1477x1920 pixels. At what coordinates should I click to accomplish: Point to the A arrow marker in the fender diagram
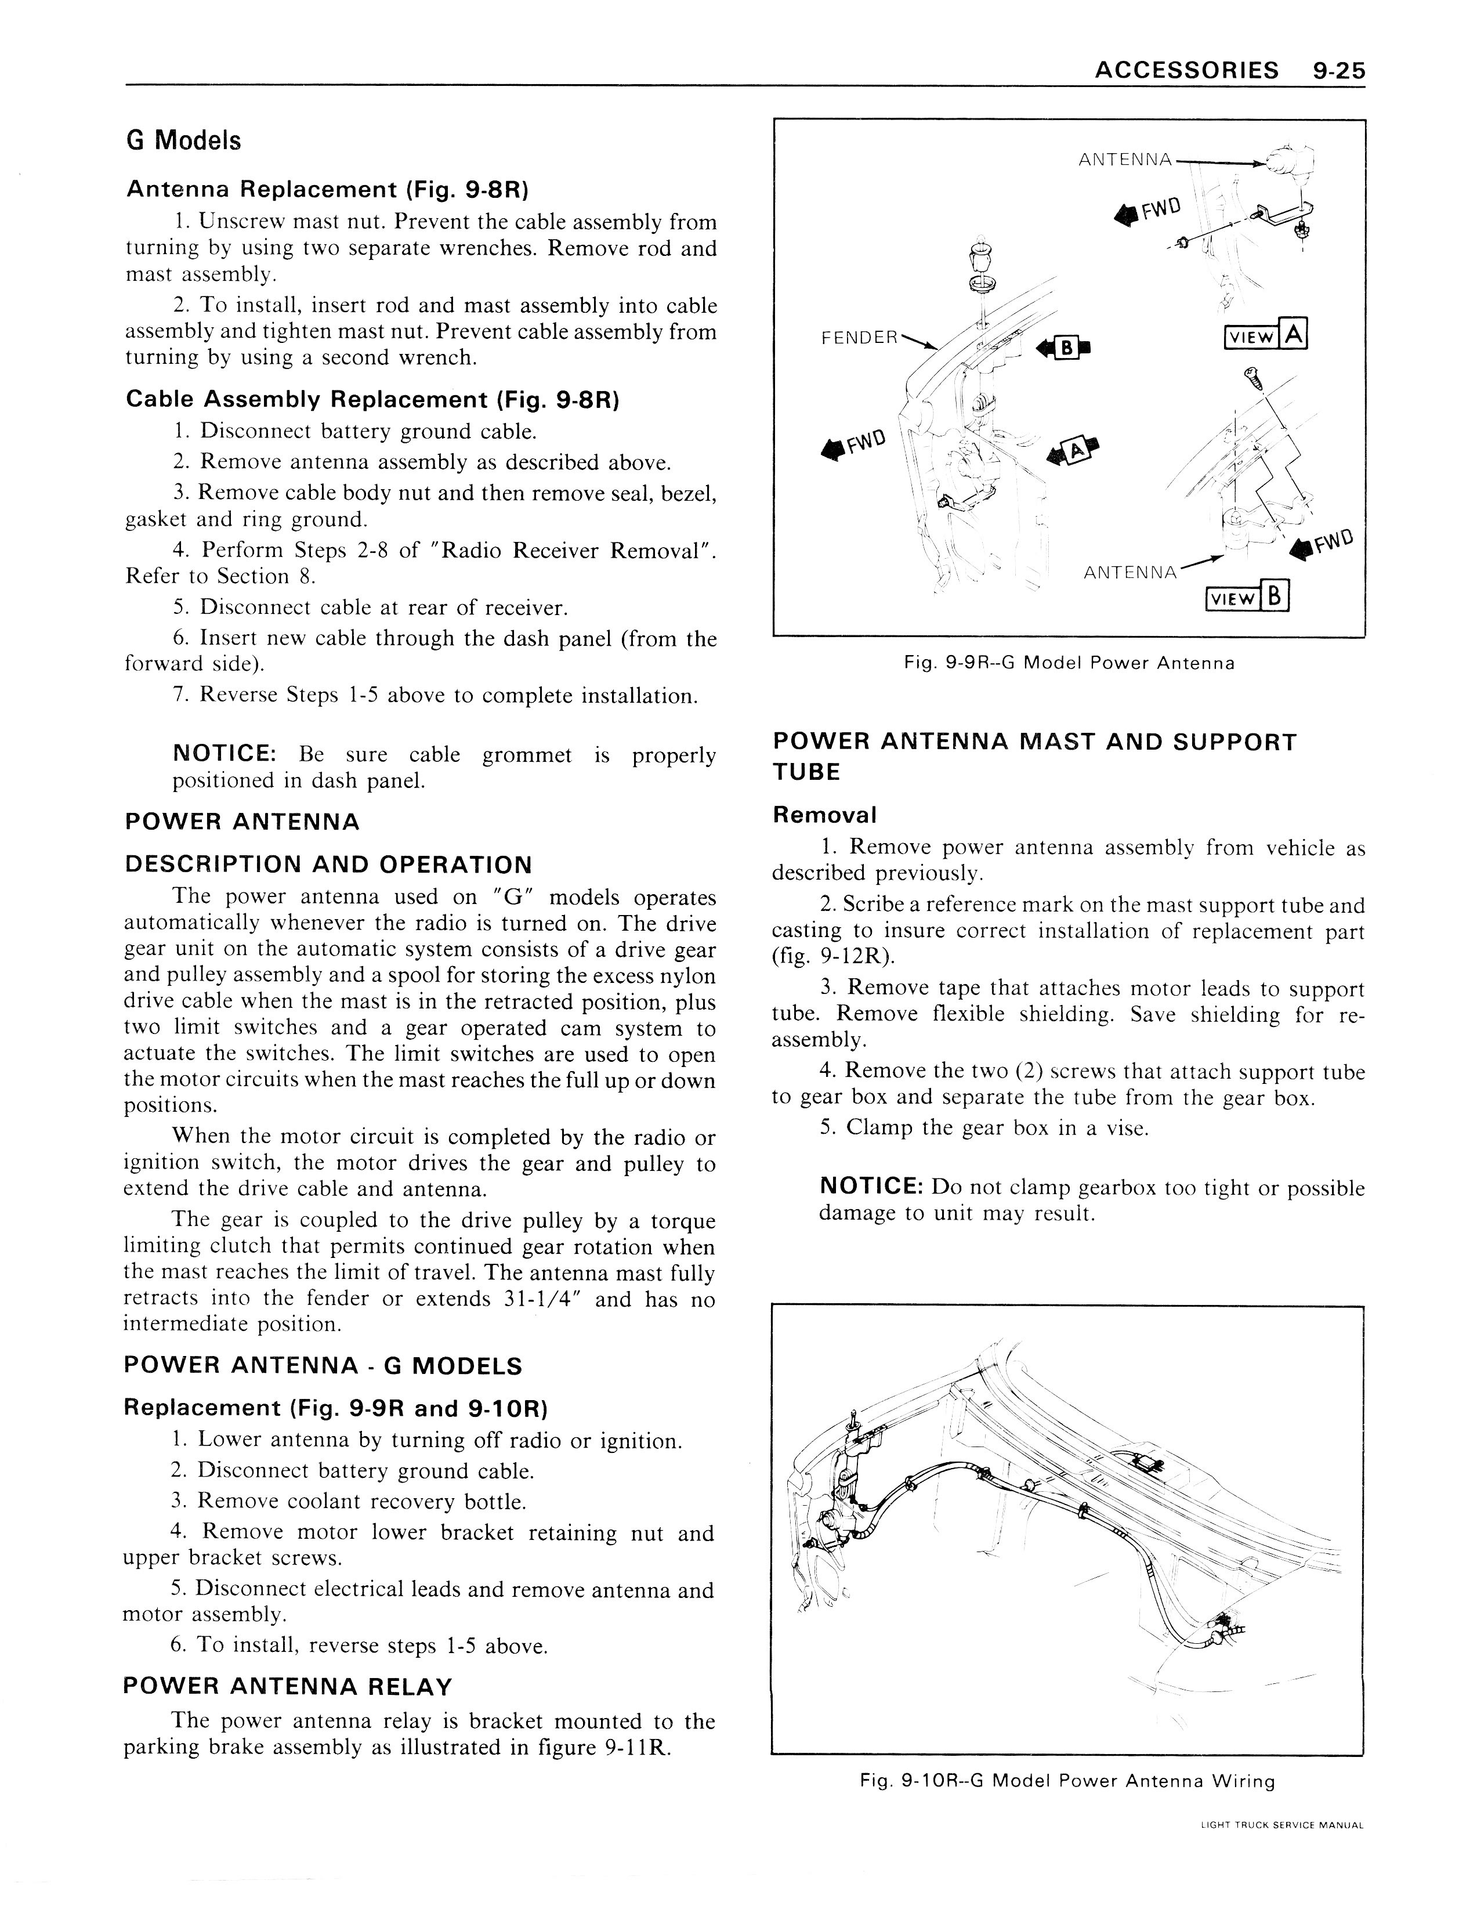point(1075,452)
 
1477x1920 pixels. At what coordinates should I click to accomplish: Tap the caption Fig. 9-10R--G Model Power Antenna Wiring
point(1067,1781)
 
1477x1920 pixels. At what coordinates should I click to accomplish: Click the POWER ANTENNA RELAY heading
point(288,1686)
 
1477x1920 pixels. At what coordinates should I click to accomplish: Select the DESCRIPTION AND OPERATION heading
point(329,864)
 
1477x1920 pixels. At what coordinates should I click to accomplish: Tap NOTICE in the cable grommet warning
point(225,753)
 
